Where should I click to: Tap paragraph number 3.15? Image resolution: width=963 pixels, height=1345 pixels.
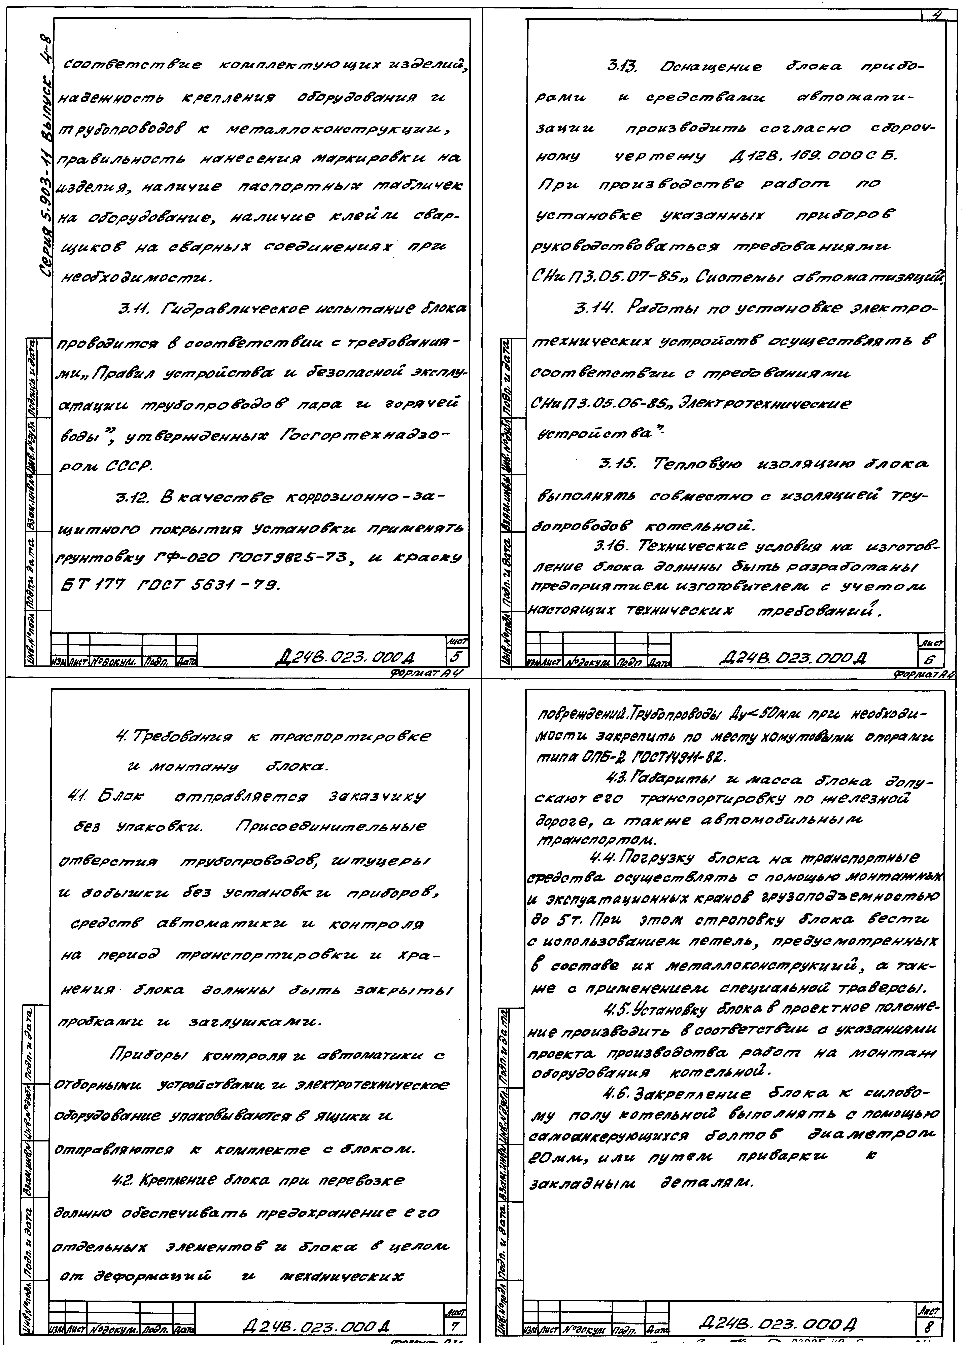618,463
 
